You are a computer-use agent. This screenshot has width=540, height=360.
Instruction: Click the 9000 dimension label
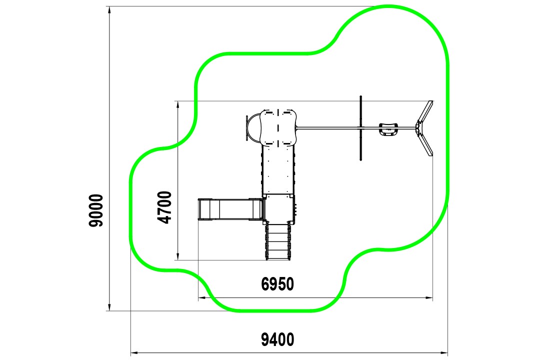pos(95,210)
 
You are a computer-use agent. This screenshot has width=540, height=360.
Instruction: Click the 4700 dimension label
pos(164,207)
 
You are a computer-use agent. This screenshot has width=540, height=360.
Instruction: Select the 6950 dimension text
pos(277,284)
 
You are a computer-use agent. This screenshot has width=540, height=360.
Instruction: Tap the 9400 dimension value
pos(277,340)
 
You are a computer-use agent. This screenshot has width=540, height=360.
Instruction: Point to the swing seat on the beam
pos(388,129)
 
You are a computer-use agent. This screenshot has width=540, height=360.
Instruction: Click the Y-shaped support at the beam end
pos(424,128)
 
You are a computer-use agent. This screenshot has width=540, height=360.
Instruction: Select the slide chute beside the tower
pos(230,209)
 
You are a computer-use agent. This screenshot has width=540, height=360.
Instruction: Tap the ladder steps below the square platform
pos(277,241)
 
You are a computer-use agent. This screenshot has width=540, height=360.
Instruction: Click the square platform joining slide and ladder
pos(278,208)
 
